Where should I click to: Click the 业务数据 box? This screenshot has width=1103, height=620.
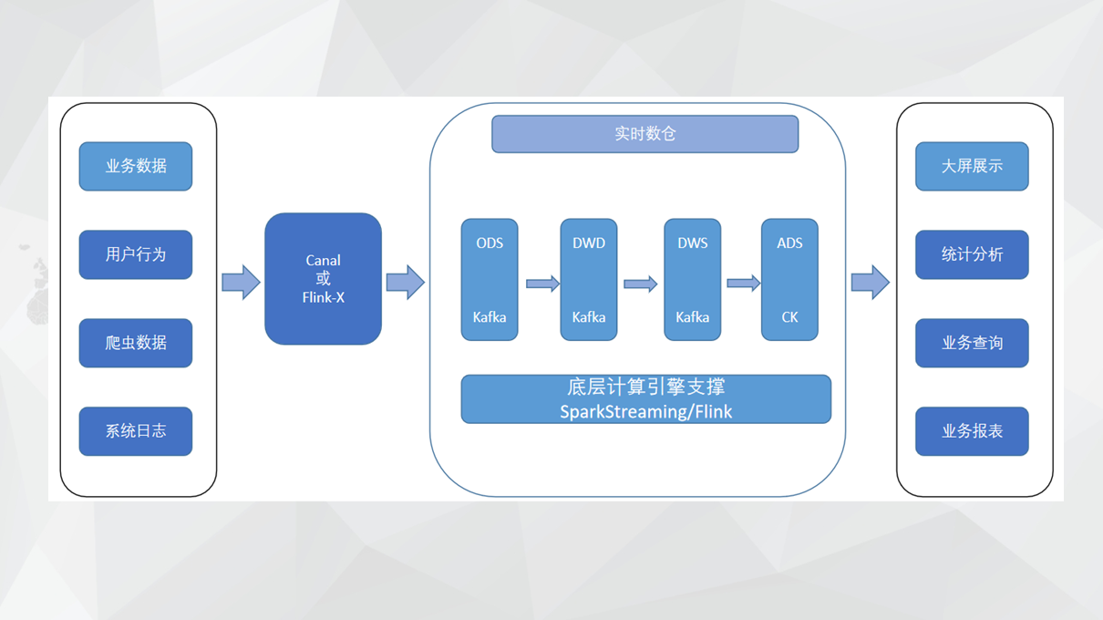pyautogui.click(x=136, y=166)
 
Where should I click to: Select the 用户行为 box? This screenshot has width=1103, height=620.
pyautogui.click(x=136, y=254)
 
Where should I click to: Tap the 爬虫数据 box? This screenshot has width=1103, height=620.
pyautogui.click(x=136, y=343)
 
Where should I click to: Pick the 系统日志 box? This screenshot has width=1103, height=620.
pyautogui.click(x=136, y=431)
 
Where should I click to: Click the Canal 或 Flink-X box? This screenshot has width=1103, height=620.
pyautogui.click(x=323, y=279)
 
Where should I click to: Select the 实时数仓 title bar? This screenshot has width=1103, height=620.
pyautogui.click(x=644, y=134)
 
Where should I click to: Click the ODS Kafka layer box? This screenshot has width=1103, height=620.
pyautogui.click(x=490, y=279)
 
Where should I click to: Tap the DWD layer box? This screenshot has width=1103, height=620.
pyautogui.click(x=589, y=279)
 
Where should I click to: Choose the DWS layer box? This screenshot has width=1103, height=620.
pyautogui.click(x=693, y=279)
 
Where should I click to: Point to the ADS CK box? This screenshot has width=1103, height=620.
pyautogui.click(x=789, y=279)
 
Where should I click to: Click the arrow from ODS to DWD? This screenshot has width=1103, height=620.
pyautogui.click(x=542, y=284)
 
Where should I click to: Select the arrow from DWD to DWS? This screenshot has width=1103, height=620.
pyautogui.click(x=640, y=284)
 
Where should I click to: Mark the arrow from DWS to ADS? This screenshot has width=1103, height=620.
pyautogui.click(x=743, y=284)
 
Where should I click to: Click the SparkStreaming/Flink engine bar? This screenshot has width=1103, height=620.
pyautogui.click(x=645, y=399)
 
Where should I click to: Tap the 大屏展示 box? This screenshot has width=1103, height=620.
pyautogui.click(x=972, y=166)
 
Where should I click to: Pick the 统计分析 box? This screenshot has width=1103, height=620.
pyautogui.click(x=972, y=254)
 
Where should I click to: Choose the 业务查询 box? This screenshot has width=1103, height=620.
pyautogui.click(x=972, y=343)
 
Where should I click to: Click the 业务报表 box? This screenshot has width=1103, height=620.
pyautogui.click(x=972, y=431)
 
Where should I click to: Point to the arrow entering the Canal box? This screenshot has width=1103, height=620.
pyautogui.click(x=241, y=282)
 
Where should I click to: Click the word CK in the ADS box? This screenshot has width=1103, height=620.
pyautogui.click(x=789, y=317)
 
